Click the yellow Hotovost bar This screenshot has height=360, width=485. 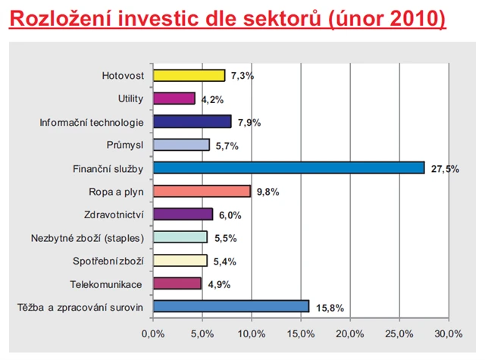189,75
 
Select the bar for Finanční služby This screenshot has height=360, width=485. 288,167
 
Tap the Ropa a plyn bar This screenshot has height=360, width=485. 202,191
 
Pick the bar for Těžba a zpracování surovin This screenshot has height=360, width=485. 231,306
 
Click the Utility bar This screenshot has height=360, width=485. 174,99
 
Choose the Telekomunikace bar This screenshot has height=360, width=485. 177,283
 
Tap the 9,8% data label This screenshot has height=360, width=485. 268,192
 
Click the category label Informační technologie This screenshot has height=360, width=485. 92,121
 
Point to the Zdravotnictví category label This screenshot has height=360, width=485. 113,214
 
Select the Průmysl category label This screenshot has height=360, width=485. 126,145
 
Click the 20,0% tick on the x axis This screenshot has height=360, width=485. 350,333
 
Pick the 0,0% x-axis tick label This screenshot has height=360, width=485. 153,333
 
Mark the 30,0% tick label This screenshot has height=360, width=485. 449,333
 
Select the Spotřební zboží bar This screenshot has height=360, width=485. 180,261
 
